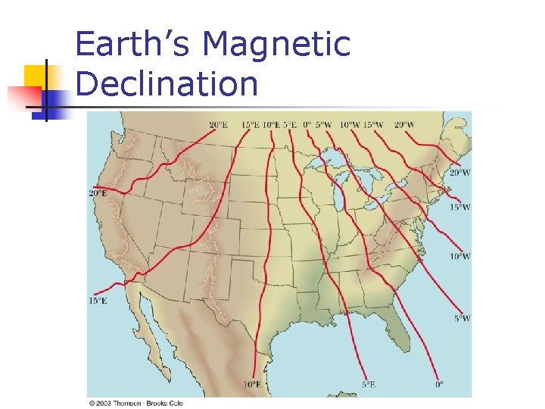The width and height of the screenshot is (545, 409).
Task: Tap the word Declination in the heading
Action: tap(167, 83)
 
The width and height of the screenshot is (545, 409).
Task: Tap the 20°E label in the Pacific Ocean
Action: tap(98, 193)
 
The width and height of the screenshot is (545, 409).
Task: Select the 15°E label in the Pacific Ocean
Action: tap(98, 301)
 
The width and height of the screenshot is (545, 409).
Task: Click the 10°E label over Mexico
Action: tap(251, 385)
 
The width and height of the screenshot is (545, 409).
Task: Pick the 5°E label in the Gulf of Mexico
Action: tap(368, 385)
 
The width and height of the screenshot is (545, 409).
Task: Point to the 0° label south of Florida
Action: tap(439, 385)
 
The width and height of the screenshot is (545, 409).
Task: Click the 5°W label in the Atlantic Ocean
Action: tap(462, 319)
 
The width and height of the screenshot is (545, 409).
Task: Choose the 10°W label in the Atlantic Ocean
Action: tap(460, 257)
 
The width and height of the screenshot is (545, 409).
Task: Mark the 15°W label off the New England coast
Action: tap(459, 207)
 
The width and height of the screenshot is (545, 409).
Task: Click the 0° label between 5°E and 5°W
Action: tap(307, 124)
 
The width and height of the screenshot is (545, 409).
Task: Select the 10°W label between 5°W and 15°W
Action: tap(349, 124)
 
